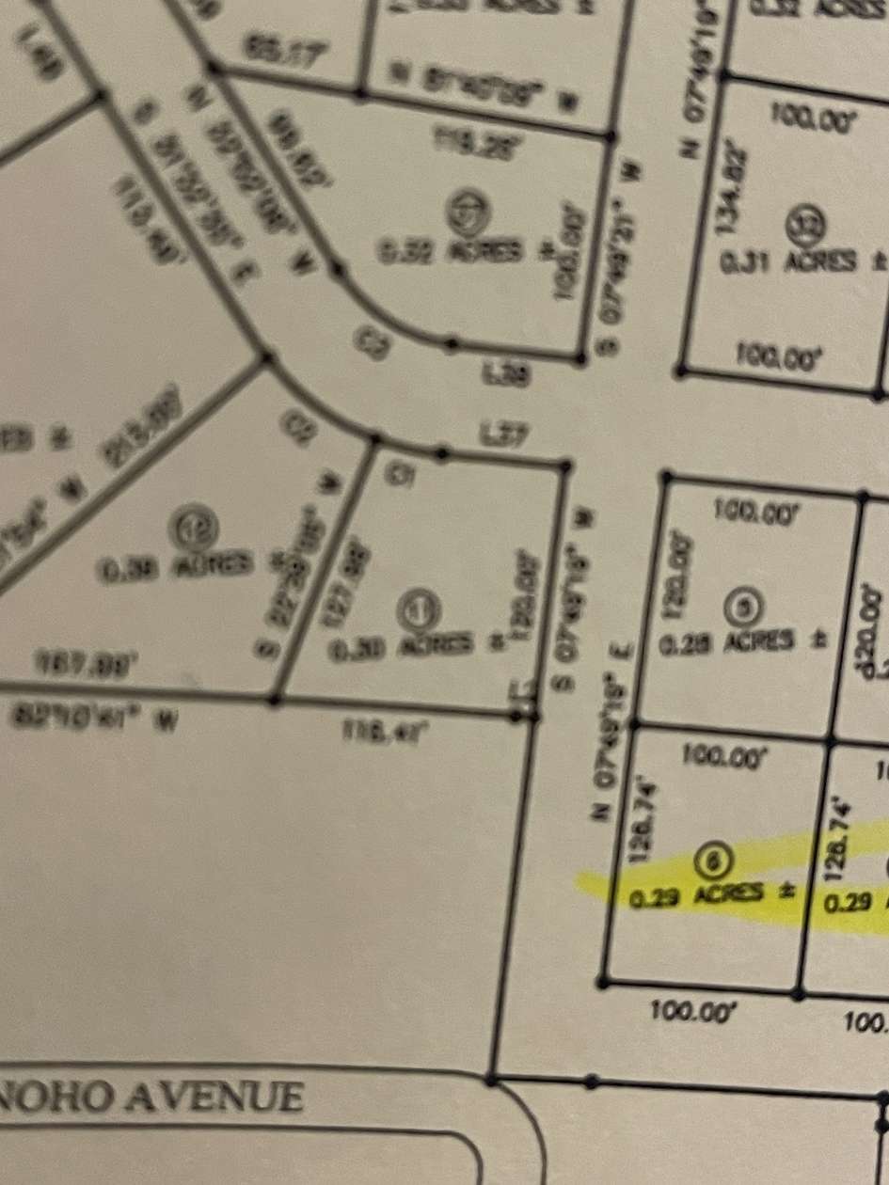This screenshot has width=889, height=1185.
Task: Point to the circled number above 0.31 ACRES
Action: click(x=811, y=223)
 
